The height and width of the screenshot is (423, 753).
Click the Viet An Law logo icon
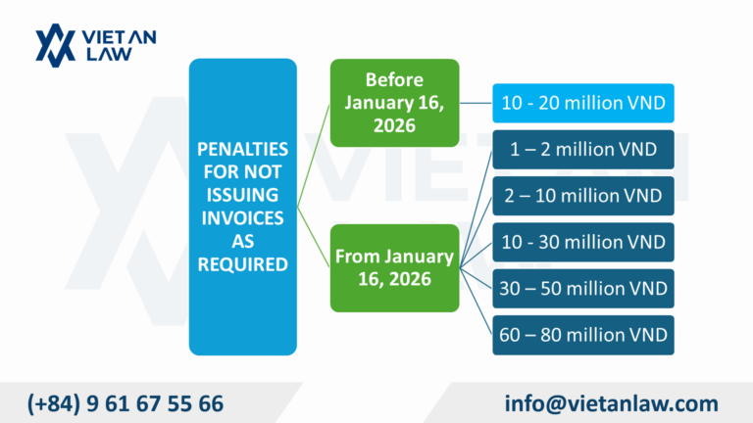coord(56,45)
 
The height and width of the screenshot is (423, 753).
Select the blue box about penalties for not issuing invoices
coord(242,206)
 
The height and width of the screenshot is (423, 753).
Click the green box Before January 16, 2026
coord(394,102)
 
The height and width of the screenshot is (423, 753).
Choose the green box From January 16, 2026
coord(394,267)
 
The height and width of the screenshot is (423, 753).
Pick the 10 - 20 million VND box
coord(583,102)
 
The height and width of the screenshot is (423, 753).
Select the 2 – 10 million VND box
coord(583,197)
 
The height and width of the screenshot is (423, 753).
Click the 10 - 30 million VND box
coord(583,242)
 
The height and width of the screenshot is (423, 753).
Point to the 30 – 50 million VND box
coord(583,289)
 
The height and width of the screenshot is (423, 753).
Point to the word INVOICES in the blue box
coord(242,217)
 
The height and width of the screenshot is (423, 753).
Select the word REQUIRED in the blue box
coord(242,262)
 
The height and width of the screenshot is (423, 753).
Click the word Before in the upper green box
coord(394,79)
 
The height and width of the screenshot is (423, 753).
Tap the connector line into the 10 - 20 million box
coord(475,102)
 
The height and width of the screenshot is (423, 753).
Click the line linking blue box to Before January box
coord(313,157)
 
